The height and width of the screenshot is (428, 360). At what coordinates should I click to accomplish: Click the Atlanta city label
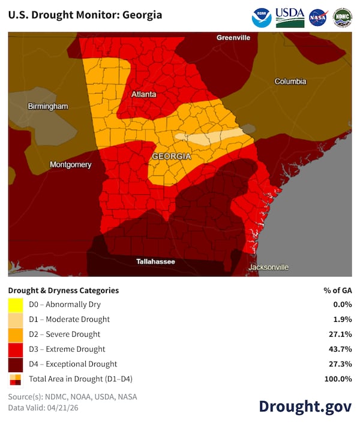point(143,94)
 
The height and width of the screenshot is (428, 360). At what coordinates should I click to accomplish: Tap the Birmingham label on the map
point(48,106)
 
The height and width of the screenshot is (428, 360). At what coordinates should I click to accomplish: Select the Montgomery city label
point(70,165)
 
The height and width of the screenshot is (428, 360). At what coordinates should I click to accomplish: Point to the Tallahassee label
point(155,262)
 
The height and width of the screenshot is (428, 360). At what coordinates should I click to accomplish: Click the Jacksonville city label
point(268,267)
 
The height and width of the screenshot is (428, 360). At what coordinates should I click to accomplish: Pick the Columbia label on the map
point(290,82)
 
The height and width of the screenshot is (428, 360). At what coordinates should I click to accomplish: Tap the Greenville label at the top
point(233,38)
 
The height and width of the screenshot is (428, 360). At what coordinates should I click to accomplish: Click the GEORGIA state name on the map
point(171,156)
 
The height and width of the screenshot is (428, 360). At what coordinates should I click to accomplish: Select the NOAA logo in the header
point(262,17)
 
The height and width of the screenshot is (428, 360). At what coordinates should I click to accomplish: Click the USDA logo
point(290,17)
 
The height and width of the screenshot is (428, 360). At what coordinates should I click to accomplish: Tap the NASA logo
point(318,17)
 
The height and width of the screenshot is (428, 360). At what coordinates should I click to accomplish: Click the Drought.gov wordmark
point(305,406)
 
